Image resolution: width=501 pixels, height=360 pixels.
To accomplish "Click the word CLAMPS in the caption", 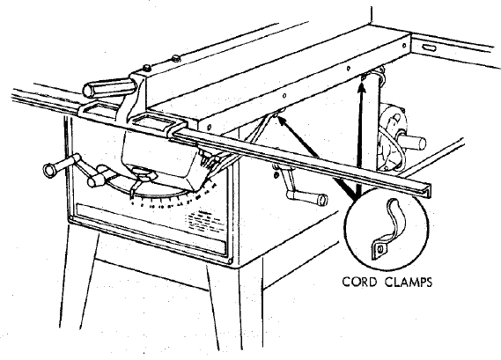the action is [409, 282].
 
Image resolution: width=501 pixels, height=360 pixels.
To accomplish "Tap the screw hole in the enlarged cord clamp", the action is [379, 249].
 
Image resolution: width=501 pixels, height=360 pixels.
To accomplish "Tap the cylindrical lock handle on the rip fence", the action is [108, 87].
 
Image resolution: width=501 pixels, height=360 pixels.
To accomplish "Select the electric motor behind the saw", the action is [392, 134].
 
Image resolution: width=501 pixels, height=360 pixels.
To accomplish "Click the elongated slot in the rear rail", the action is [429, 48].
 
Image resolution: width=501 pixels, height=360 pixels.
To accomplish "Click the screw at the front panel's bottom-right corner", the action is [230, 261].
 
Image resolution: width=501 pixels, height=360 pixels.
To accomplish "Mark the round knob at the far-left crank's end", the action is [50, 170].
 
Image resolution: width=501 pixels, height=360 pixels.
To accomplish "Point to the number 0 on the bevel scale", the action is [132, 202].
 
